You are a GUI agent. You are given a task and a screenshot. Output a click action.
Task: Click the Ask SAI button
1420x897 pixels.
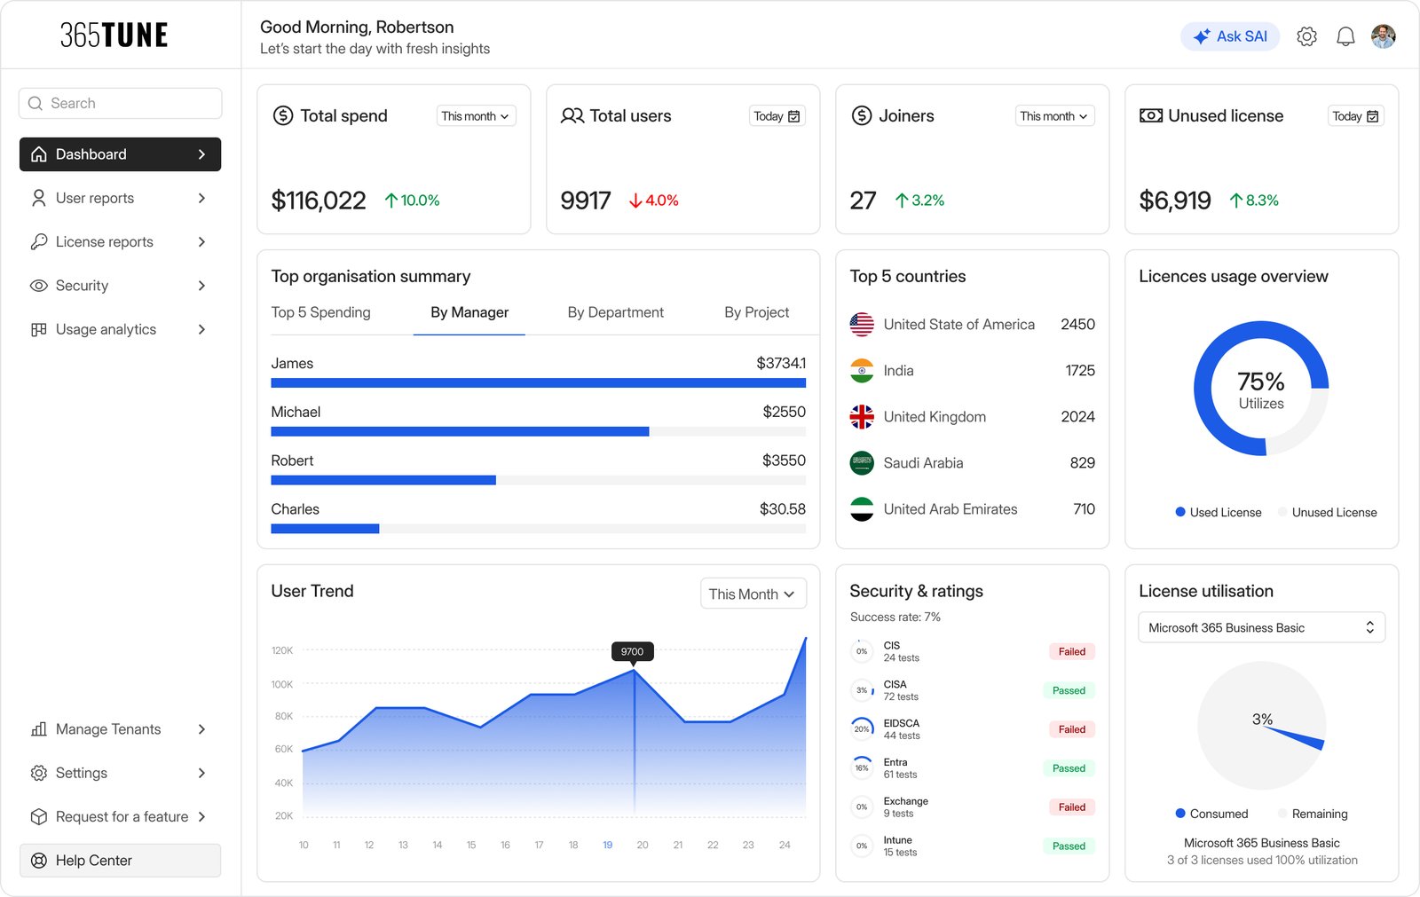point(1229,36)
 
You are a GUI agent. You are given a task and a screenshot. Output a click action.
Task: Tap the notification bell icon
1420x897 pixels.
point(1345,36)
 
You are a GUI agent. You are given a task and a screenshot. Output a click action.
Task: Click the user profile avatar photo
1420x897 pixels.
point(1384,36)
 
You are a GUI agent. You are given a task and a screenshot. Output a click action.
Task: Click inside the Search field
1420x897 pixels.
point(121,103)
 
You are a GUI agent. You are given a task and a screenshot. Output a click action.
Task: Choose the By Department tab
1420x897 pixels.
point(615,312)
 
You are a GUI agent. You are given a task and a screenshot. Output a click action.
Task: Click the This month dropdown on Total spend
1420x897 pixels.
point(476,116)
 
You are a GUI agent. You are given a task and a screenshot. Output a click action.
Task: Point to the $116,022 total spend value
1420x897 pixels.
point(319,201)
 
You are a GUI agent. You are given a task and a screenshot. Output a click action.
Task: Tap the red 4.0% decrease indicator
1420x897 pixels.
point(653,201)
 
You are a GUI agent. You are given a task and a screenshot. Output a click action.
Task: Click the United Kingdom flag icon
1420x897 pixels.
point(862,416)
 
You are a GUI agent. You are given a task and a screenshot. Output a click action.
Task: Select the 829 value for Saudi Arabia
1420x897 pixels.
point(1082,463)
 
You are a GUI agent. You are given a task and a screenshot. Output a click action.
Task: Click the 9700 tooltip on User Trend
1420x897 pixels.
point(632,651)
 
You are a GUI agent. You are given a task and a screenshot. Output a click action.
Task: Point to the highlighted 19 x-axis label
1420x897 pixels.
point(607,845)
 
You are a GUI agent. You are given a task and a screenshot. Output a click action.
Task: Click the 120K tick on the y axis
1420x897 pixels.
point(282,650)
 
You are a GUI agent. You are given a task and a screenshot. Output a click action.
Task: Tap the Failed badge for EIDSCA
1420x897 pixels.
point(1071,729)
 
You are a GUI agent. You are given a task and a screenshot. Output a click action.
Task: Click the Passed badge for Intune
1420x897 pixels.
point(1069,846)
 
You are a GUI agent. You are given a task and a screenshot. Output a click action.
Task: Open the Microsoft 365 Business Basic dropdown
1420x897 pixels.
point(1261,627)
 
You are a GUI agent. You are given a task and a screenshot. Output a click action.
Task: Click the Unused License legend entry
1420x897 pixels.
point(1328,512)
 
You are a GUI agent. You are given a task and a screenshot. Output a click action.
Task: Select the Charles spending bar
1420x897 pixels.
point(325,529)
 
